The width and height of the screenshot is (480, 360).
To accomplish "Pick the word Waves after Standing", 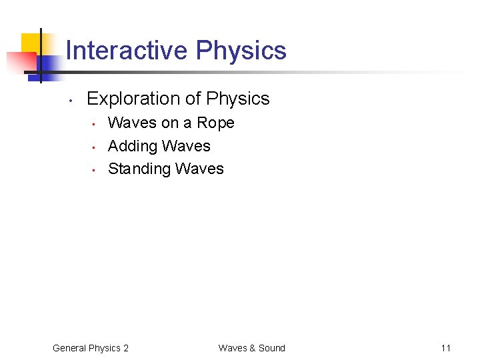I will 200,169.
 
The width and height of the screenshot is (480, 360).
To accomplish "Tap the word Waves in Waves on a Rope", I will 132,123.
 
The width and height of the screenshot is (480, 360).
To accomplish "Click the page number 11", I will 446,348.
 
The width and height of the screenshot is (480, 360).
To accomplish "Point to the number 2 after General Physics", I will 126,348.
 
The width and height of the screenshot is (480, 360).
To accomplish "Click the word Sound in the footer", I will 271,348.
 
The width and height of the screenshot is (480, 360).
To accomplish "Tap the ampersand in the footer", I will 252,348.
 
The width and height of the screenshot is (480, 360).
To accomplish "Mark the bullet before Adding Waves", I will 95,147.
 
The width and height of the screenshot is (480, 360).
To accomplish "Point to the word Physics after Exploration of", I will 238,99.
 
